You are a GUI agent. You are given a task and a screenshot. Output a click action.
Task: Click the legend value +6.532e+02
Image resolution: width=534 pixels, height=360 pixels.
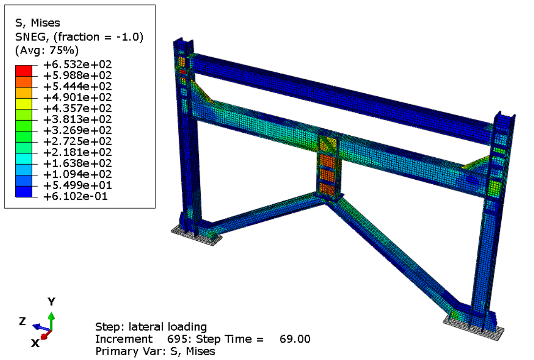pyautogui.click(x=78, y=64)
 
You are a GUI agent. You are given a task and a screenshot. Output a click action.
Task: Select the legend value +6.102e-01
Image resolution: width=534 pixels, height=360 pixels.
pyautogui.click(x=76, y=196)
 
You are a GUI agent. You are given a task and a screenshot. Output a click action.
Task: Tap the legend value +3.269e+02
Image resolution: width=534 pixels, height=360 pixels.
pyautogui.click(x=78, y=130)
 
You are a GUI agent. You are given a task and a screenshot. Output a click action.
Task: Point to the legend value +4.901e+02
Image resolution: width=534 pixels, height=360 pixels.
pyautogui.click(x=78, y=97)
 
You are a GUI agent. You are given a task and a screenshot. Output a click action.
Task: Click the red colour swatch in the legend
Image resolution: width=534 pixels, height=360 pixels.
pyautogui.click(x=23, y=71)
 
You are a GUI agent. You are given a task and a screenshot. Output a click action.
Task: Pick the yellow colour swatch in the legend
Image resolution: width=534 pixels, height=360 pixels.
pyautogui.click(x=23, y=104)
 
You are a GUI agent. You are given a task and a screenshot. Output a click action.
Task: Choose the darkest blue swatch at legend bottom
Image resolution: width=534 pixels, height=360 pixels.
pyautogui.click(x=23, y=191)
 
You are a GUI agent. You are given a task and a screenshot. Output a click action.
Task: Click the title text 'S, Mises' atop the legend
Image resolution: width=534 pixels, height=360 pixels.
pyautogui.click(x=38, y=23)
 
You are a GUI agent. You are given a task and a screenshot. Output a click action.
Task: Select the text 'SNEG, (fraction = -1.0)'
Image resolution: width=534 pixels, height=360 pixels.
pyautogui.click(x=79, y=37)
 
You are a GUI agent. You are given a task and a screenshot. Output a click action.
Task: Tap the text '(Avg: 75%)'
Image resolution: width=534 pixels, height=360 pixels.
pyautogui.click(x=46, y=50)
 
